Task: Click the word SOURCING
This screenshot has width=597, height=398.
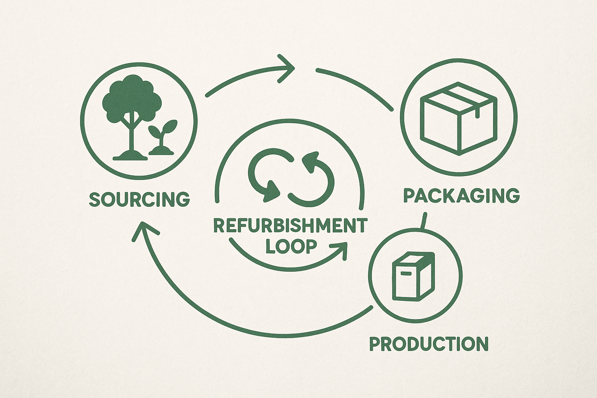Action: click(x=140, y=199)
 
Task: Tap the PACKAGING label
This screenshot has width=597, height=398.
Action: click(x=461, y=196)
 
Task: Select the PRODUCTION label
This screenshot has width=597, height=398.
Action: click(x=429, y=344)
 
